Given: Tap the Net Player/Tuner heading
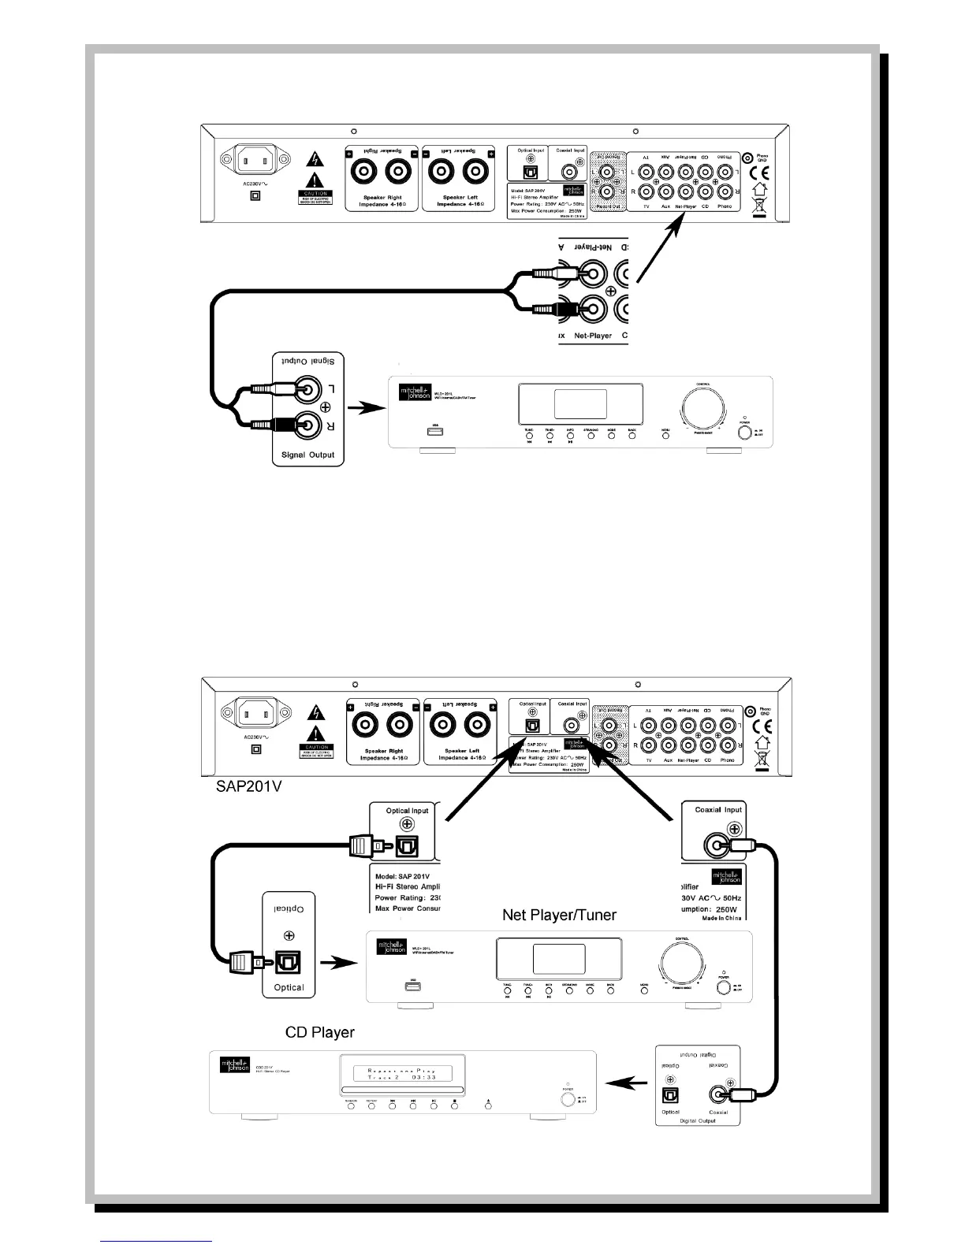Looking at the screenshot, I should click(559, 915).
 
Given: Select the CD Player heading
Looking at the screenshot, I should click(319, 1031).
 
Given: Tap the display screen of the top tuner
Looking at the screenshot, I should click(580, 402).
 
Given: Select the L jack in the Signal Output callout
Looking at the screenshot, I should click(305, 389).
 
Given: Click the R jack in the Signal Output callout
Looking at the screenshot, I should click(305, 425).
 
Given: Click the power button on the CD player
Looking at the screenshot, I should click(567, 1098).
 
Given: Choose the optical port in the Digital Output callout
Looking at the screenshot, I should click(671, 1094).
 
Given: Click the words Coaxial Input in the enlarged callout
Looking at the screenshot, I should click(717, 810).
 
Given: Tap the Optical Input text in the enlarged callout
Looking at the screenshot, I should click(407, 811).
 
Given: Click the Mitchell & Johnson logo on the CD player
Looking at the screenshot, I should click(234, 1065).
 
